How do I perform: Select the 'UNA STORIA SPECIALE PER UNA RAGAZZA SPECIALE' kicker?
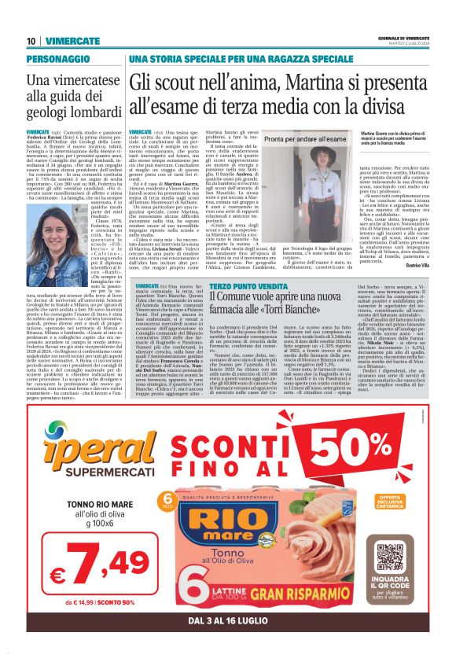(x=230, y=59)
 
